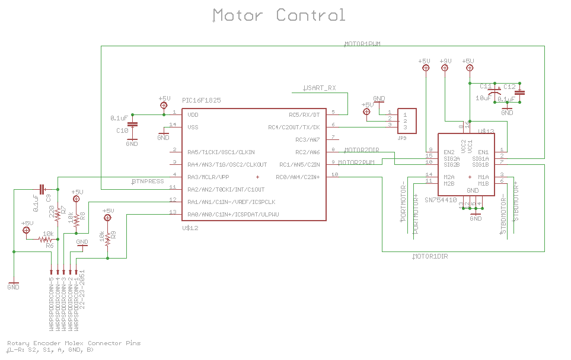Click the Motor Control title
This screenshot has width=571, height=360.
pyautogui.click(x=279, y=15)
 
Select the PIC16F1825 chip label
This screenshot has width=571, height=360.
pyautogui.click(x=202, y=101)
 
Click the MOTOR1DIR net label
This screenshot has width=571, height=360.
pyautogui.click(x=430, y=256)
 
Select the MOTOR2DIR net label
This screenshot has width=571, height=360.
pyautogui.click(x=361, y=149)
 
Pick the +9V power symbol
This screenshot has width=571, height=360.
pyautogui.click(x=445, y=68)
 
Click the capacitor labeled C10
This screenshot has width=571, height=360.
pyautogui.click(x=132, y=124)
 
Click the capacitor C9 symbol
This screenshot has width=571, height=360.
pyautogui.click(x=41, y=189)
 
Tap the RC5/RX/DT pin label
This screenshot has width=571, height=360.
pyautogui.click(x=304, y=114)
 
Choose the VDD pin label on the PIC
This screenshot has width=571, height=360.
pyautogui.click(x=193, y=114)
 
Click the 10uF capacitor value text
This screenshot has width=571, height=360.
pyautogui.click(x=483, y=98)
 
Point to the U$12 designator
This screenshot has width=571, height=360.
pyautogui.click(x=190, y=228)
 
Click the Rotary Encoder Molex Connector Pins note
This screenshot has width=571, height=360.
pyautogui.click(x=74, y=343)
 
